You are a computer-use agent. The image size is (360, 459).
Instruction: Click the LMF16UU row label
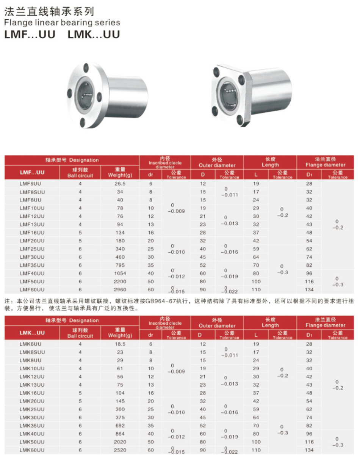[32, 233]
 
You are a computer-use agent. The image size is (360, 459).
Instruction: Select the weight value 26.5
[120, 184]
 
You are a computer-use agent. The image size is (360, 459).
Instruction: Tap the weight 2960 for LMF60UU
[120, 289]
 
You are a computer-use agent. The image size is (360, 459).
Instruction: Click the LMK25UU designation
[32, 409]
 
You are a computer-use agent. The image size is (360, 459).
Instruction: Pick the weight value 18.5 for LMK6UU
[120, 344]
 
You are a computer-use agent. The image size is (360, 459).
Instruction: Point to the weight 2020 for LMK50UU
[120, 442]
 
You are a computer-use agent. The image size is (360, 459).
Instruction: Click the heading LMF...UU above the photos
[30, 34]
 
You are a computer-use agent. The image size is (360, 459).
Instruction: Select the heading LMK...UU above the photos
[94, 34]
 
